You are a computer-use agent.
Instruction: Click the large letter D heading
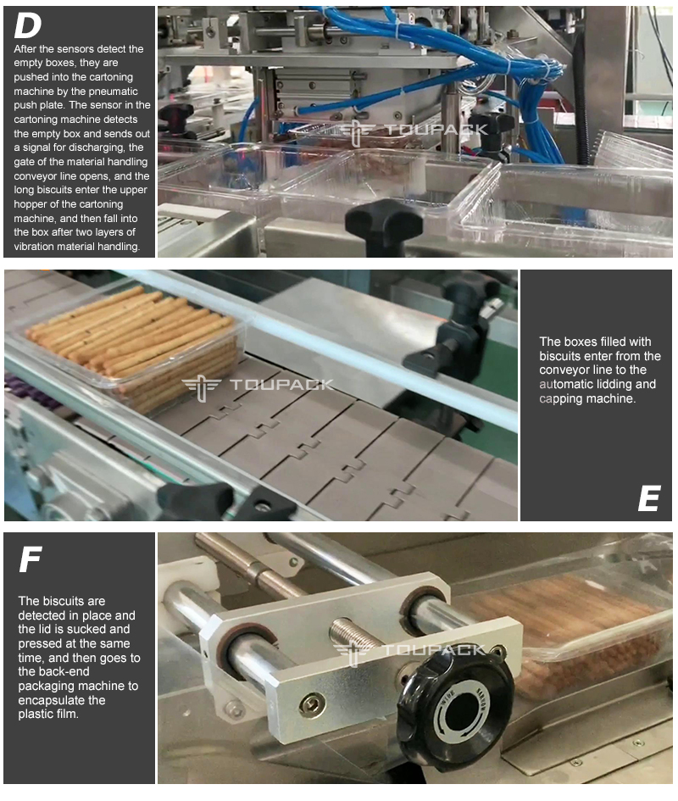pos(28,25)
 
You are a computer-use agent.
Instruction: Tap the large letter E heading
pos(649,498)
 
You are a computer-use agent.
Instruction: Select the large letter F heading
pos(31,559)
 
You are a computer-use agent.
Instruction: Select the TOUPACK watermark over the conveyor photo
pos(258,386)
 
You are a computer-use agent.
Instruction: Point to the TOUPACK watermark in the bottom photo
pos(409,651)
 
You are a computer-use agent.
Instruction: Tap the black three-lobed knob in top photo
pos(384,225)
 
